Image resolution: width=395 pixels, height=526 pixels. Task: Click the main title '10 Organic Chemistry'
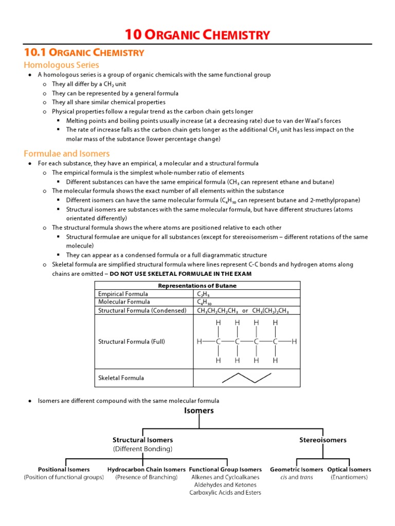pyautogui.click(x=197, y=35)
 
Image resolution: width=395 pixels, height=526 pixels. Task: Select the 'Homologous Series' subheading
pyautogui.click(x=61, y=65)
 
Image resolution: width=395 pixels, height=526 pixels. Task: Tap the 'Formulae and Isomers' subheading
pyautogui.click(x=66, y=153)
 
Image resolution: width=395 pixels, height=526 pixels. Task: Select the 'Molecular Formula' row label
pyautogui.click(x=124, y=302)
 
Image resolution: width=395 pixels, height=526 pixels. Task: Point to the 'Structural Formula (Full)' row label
pyautogui.click(x=131, y=342)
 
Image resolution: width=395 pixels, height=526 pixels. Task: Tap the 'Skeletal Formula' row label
pyautogui.click(x=121, y=378)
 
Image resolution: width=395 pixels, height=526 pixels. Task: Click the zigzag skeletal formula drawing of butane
pyautogui.click(x=246, y=378)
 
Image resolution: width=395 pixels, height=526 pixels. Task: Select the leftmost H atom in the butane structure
pyautogui.click(x=199, y=342)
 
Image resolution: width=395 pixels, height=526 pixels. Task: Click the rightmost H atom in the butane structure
pyautogui.click(x=294, y=342)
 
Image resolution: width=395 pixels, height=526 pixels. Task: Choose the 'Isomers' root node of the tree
pyautogui.click(x=199, y=411)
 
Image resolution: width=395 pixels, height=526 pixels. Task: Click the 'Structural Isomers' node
pyautogui.click(x=142, y=440)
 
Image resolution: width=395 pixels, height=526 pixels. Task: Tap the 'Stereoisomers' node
pyautogui.click(x=322, y=440)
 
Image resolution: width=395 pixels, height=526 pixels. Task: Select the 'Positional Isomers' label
pyautogui.click(x=64, y=469)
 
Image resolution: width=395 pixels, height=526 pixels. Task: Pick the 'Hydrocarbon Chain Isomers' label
pyautogui.click(x=146, y=469)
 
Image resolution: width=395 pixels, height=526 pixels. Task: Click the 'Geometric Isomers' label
pyautogui.click(x=296, y=469)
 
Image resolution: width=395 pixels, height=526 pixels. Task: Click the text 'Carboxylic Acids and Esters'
pyautogui.click(x=225, y=493)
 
